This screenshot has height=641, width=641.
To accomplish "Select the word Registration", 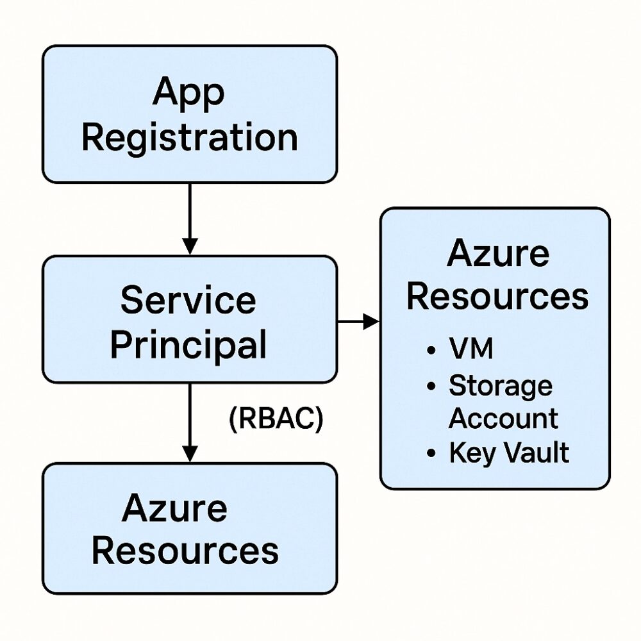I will coord(190,138).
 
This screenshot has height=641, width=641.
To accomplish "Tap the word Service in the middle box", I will coord(188,300).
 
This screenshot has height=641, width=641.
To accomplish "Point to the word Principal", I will coord(188,345).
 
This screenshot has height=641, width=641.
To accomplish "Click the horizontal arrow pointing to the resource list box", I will coord(359,320).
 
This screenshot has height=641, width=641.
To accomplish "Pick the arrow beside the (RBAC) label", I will coord(189,423).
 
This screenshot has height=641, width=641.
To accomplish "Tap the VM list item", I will coord(471,350).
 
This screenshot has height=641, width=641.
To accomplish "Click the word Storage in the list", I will coord(500,386).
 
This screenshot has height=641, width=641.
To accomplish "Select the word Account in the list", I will coord(503,419).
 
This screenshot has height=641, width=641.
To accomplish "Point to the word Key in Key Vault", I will coord(466,453).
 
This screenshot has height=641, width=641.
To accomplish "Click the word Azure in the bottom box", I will coord(174,508).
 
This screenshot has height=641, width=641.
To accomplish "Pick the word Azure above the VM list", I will coord(498,253).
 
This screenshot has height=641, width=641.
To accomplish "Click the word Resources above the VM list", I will coord(497,297).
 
